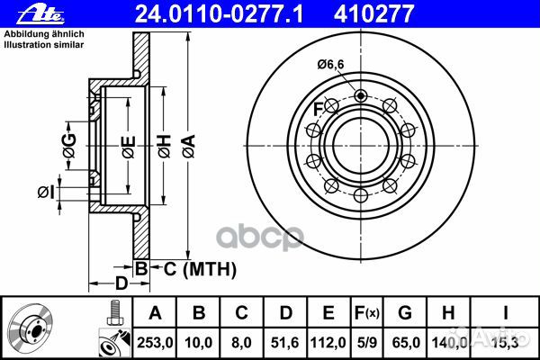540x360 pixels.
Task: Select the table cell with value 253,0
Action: pyautogui.click(x=155, y=340)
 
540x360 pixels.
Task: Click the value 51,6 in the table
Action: pyautogui.click(x=287, y=340)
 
